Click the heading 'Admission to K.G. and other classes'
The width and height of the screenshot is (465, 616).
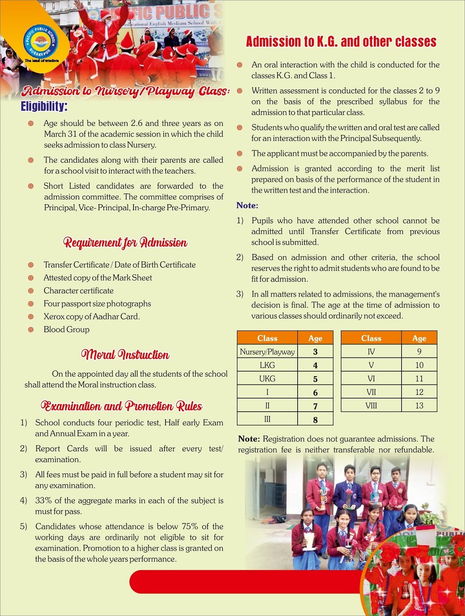pyautogui.click(x=341, y=41)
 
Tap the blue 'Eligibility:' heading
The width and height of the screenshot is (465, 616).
pyautogui.click(x=44, y=106)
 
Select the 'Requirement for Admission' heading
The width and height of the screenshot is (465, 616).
pyautogui.click(x=125, y=242)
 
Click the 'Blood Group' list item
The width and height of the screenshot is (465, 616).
pyautogui.click(x=67, y=329)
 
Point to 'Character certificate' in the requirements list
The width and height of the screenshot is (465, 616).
pyautogui.click(x=78, y=290)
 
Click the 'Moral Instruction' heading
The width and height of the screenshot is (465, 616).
pyautogui.click(x=125, y=354)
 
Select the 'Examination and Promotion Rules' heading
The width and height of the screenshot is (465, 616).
pyautogui.click(x=121, y=406)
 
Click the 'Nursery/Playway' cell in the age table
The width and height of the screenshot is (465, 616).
pyautogui.click(x=267, y=352)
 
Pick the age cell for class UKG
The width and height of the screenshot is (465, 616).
pyautogui.click(x=315, y=379)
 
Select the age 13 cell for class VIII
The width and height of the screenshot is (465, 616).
pyautogui.click(x=419, y=405)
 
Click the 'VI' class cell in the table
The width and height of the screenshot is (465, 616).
pyautogui.click(x=371, y=378)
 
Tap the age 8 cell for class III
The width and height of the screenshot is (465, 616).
pyautogui.click(x=315, y=419)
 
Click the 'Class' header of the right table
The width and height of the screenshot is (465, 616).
pyautogui.click(x=371, y=338)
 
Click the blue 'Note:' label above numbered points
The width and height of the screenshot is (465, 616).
pyautogui.click(x=247, y=205)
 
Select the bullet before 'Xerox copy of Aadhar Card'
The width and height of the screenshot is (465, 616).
pyautogui.click(x=31, y=316)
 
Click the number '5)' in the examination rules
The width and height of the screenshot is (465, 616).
pyautogui.click(x=24, y=526)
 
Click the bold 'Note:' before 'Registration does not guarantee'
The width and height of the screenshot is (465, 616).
pyautogui.click(x=249, y=439)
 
